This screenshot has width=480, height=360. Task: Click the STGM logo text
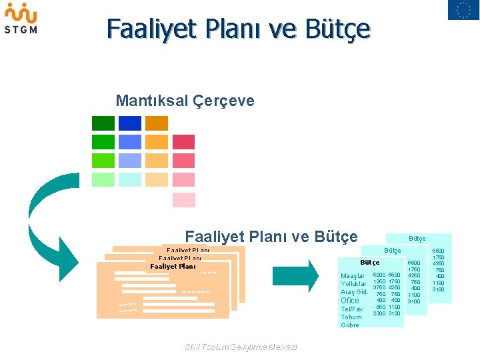tap(21, 29)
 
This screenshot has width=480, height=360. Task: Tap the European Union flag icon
tap(463, 10)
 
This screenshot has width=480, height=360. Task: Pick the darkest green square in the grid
tap(103, 123)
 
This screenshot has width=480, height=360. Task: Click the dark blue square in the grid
tap(130, 123)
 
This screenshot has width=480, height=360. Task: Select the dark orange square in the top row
tap(157, 123)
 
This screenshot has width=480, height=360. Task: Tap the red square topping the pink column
tap(183, 142)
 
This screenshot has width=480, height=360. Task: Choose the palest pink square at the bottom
tap(183, 199)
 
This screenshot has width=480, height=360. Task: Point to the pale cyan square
tap(130, 179)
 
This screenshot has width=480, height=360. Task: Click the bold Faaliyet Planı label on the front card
tap(173, 266)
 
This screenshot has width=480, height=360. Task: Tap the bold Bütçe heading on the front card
tap(370, 263)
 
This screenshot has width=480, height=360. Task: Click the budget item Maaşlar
tap(353, 275)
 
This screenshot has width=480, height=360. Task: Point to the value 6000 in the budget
tap(379, 275)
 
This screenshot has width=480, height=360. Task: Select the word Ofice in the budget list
tap(350, 301)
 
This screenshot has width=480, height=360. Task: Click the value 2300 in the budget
tap(379, 313)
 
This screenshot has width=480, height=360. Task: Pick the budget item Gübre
tap(349, 325)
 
